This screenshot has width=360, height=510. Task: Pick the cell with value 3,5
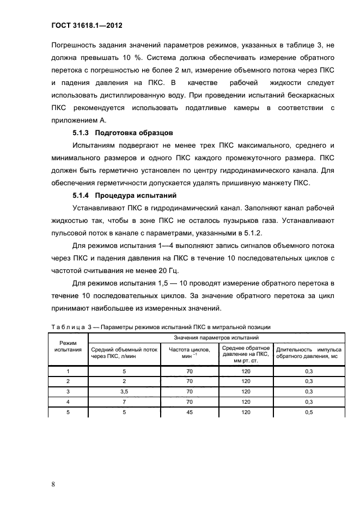pos(124,391)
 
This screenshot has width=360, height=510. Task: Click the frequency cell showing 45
pos(190,412)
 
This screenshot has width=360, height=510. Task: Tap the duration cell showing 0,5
pos(309,412)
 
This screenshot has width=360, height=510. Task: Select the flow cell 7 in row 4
pos(124,402)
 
